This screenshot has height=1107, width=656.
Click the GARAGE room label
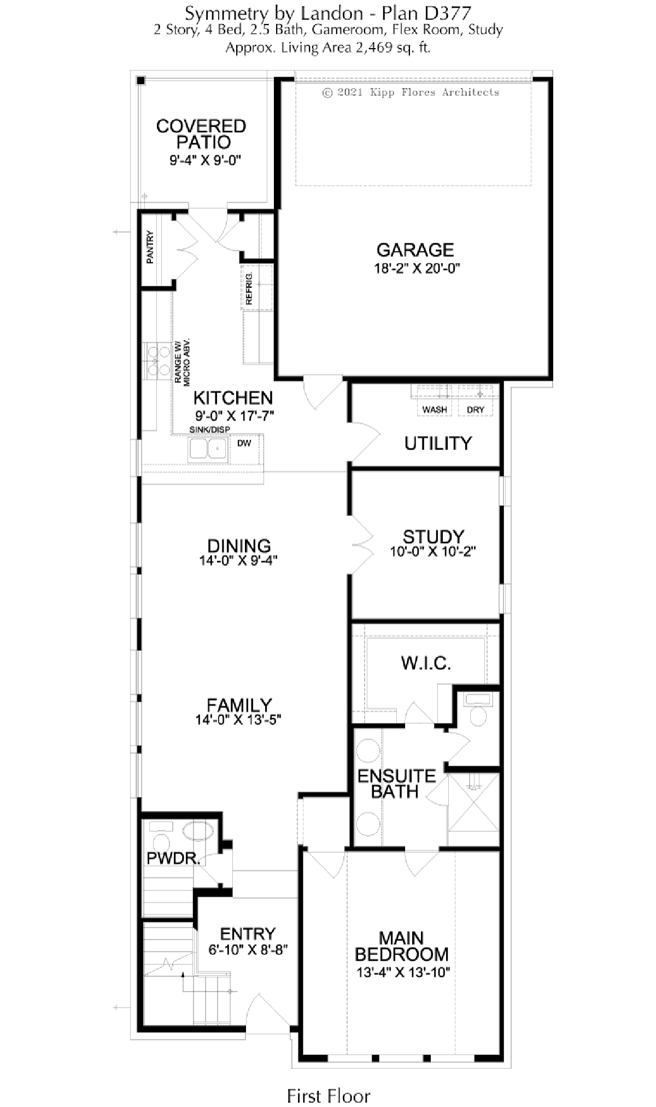[415, 250]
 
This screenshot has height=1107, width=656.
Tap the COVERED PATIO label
[202, 134]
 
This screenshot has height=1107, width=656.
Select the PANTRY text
[150, 247]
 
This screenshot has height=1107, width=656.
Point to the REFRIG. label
[249, 288]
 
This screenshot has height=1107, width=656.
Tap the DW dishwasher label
[244, 443]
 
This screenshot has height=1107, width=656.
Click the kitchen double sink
[208, 449]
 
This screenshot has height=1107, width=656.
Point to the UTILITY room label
[438, 443]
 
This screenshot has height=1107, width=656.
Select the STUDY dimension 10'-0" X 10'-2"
[433, 552]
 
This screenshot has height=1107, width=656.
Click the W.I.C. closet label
[426, 663]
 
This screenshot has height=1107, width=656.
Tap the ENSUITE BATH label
[396, 784]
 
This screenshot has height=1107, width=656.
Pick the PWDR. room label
[173, 858]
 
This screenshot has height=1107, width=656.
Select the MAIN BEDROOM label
[402, 946]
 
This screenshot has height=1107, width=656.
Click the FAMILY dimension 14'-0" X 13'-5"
[239, 720]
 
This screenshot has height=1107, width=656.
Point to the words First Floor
[329, 1081]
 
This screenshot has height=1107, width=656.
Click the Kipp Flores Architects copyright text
[411, 92]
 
